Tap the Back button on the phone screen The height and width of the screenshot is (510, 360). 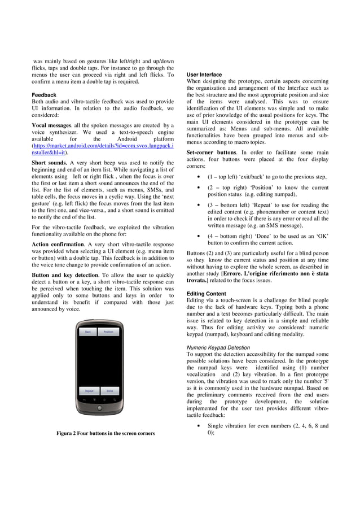[x=87, y=332]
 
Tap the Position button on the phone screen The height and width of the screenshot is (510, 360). [x=108, y=332]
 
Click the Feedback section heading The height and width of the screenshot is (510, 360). [x=44, y=95]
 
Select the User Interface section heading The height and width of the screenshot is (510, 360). [x=204, y=75]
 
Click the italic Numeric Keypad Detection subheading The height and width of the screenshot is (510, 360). [x=218, y=347]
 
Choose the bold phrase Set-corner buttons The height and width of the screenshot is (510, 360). [x=212, y=152]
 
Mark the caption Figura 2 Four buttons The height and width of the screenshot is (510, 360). [x=106, y=433]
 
